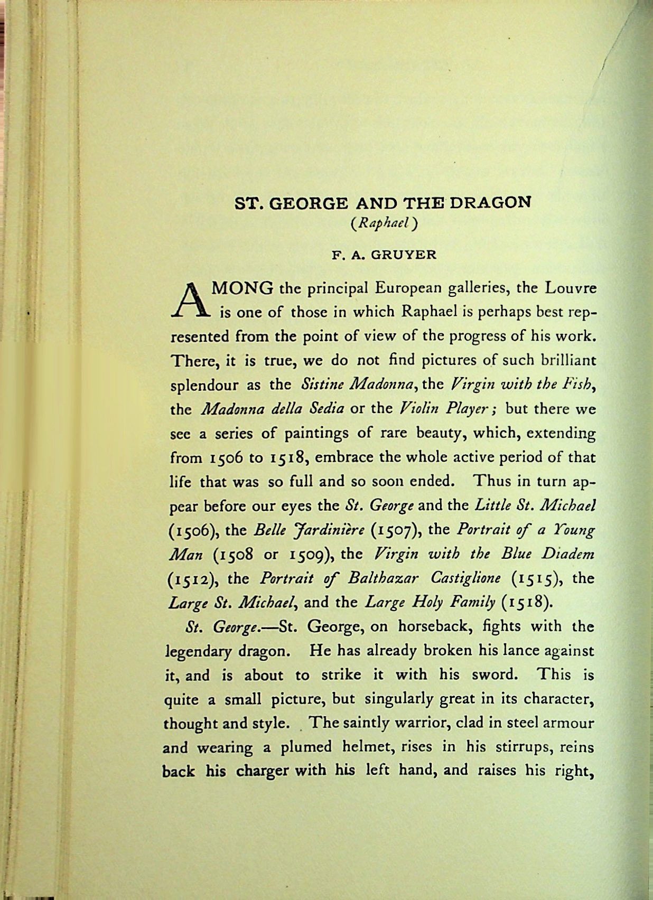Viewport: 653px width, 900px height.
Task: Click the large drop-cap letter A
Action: pos(190,299)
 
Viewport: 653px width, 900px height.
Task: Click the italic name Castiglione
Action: pos(467,578)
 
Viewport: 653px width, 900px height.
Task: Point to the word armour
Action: pos(571,723)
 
